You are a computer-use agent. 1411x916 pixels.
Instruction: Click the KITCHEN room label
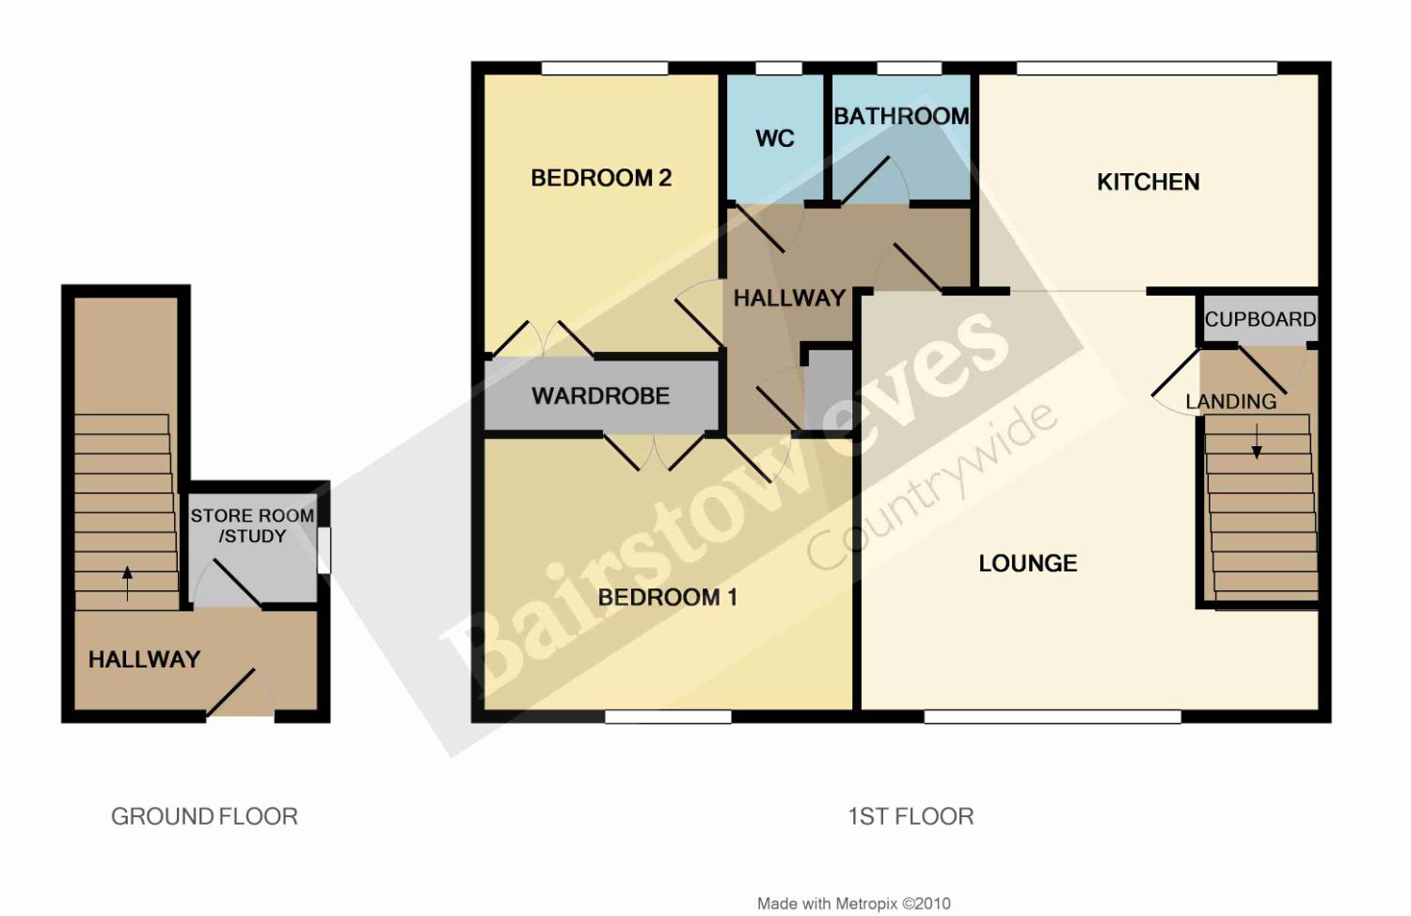(1148, 183)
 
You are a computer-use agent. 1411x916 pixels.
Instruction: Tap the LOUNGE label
(1028, 563)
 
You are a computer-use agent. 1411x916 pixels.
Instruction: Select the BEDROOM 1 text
(667, 597)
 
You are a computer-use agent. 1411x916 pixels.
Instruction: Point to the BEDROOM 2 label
(601, 178)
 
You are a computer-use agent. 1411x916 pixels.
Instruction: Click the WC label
(775, 138)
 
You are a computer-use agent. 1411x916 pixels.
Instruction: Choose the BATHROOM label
(901, 117)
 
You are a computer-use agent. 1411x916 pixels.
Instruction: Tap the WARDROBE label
(600, 396)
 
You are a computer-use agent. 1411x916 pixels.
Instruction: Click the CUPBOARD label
(1260, 320)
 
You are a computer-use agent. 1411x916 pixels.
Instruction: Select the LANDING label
(1230, 402)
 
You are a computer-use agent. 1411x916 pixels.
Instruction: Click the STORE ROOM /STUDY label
(252, 525)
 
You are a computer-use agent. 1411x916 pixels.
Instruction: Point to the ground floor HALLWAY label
(144, 659)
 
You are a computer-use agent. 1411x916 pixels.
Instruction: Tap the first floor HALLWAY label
(789, 298)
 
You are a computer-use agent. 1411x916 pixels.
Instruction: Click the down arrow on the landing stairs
(1257, 442)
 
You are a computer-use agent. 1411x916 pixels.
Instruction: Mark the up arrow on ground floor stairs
(127, 583)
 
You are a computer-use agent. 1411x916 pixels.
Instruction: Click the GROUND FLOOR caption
(204, 816)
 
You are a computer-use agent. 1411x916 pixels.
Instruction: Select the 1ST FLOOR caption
(911, 816)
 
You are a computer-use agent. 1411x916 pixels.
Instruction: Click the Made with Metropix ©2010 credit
(853, 904)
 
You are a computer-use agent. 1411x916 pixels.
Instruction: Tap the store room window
(324, 551)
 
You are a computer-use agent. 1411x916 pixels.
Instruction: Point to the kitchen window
(1147, 68)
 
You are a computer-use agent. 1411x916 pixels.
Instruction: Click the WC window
(779, 68)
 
